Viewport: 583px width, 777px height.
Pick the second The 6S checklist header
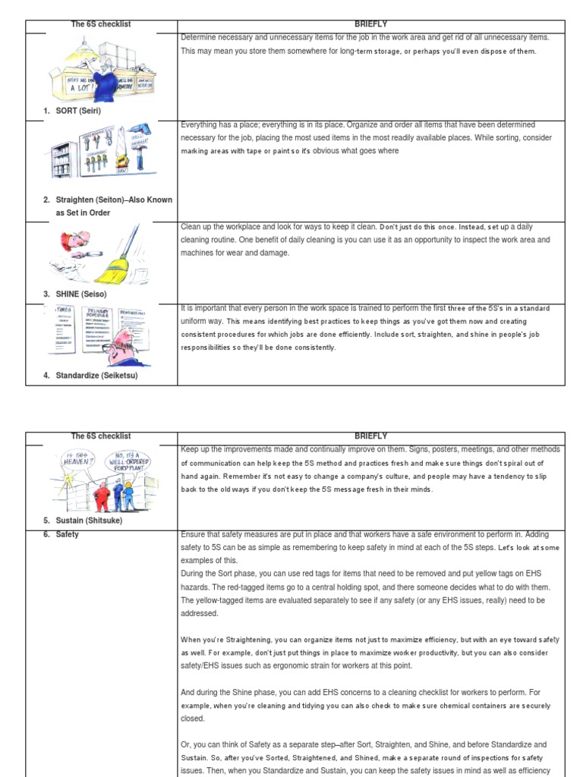(x=101, y=436)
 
